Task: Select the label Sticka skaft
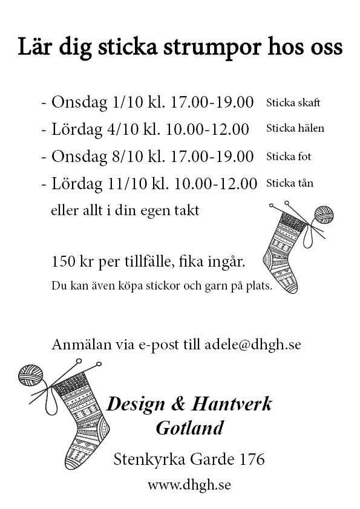pyautogui.click(x=293, y=103)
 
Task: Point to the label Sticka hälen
pyautogui.click(x=295, y=128)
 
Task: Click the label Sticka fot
pyautogui.click(x=288, y=157)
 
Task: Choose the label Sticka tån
pyautogui.click(x=289, y=183)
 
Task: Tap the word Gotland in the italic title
pyautogui.click(x=189, y=429)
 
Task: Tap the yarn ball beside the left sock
pyautogui.click(x=30, y=376)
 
